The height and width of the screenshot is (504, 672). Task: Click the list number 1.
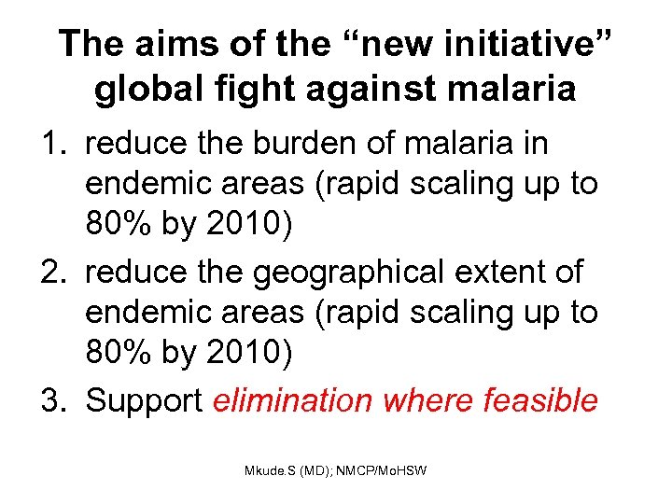53,145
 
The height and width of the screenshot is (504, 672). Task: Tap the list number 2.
53,273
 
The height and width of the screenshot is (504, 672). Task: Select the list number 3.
53,400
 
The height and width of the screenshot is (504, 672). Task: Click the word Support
144,400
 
